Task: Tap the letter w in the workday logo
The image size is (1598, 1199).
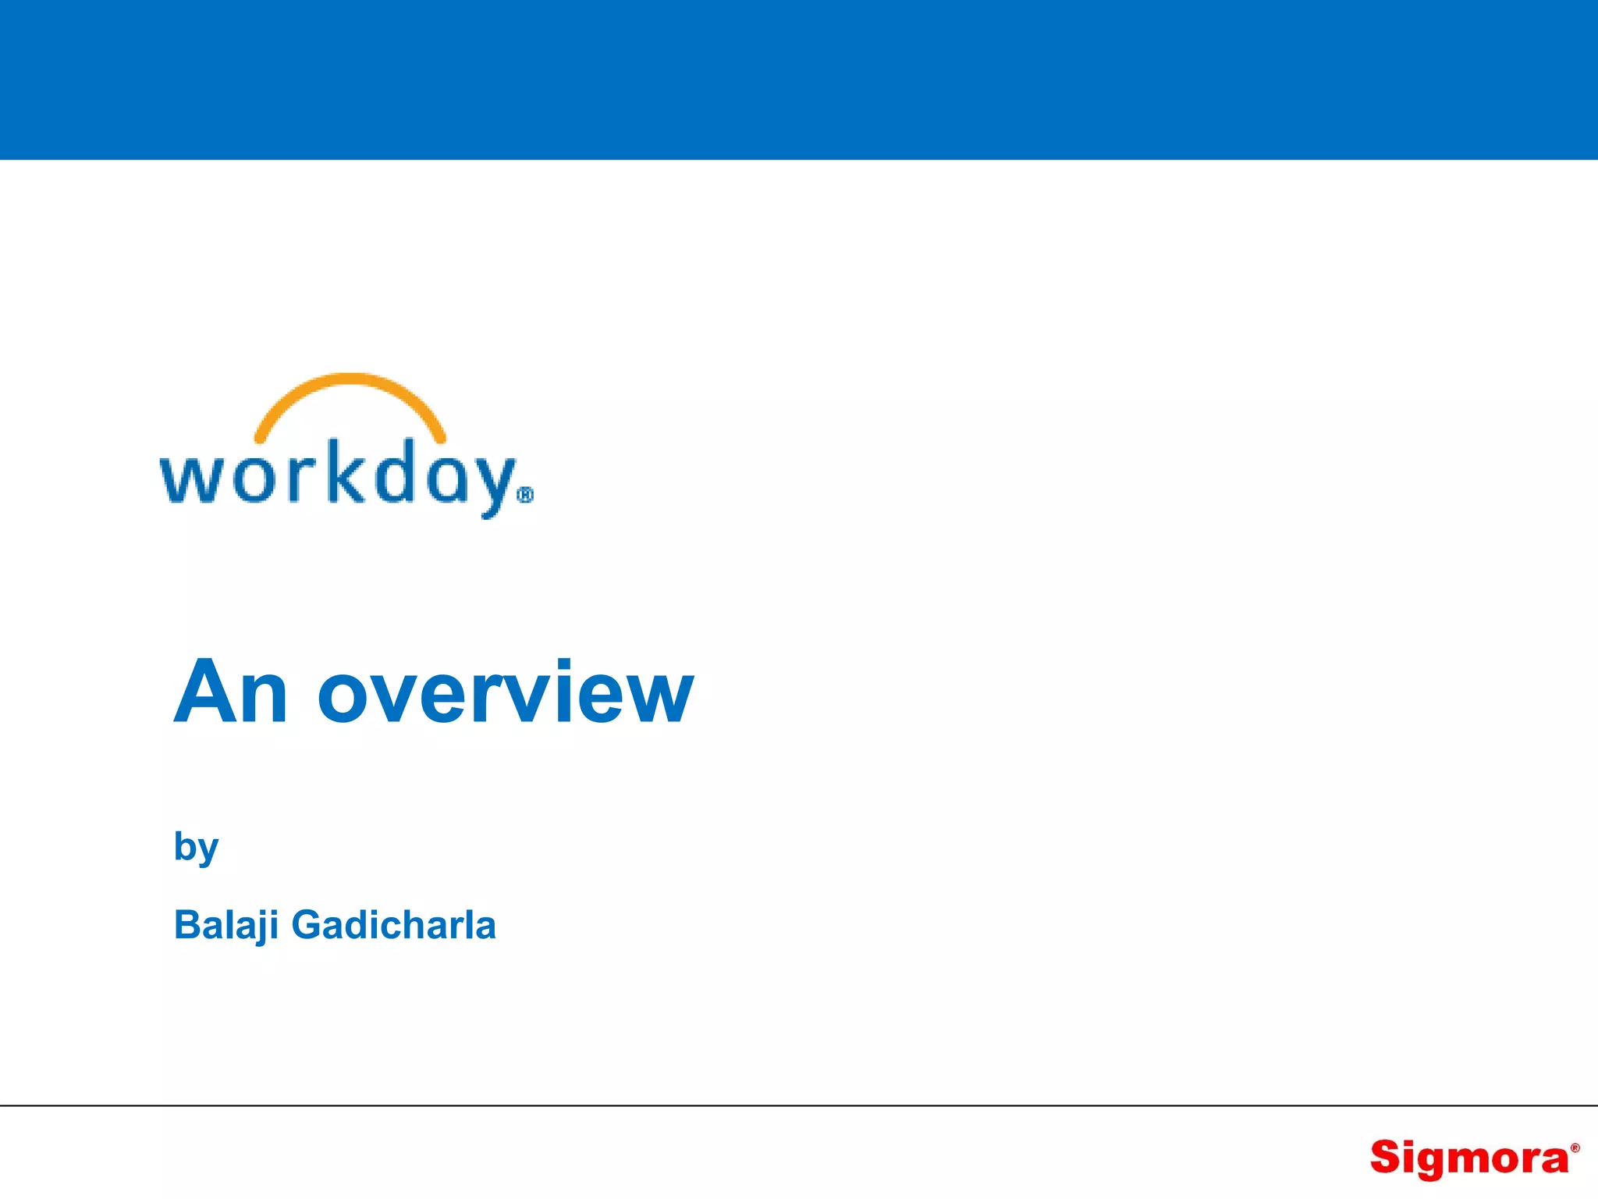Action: click(x=187, y=478)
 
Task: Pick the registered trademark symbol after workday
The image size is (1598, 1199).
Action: click(x=526, y=496)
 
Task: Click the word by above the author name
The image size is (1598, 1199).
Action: click(x=196, y=848)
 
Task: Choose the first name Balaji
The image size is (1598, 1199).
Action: click(x=226, y=926)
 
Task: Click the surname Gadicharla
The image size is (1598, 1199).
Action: click(x=393, y=925)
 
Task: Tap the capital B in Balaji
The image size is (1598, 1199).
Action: click(x=188, y=926)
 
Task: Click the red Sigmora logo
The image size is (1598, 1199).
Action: click(x=1470, y=1158)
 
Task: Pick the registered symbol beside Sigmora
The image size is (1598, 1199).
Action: click(x=1575, y=1148)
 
